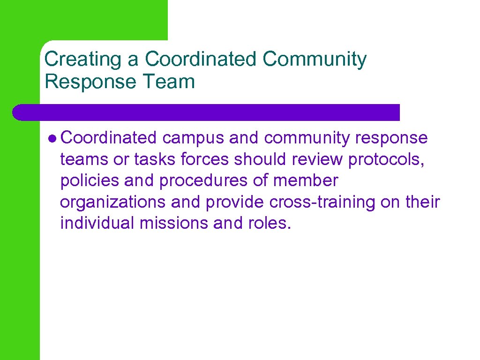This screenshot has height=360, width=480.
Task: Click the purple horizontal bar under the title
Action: coord(206,112)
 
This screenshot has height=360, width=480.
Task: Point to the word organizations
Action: coord(112,202)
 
